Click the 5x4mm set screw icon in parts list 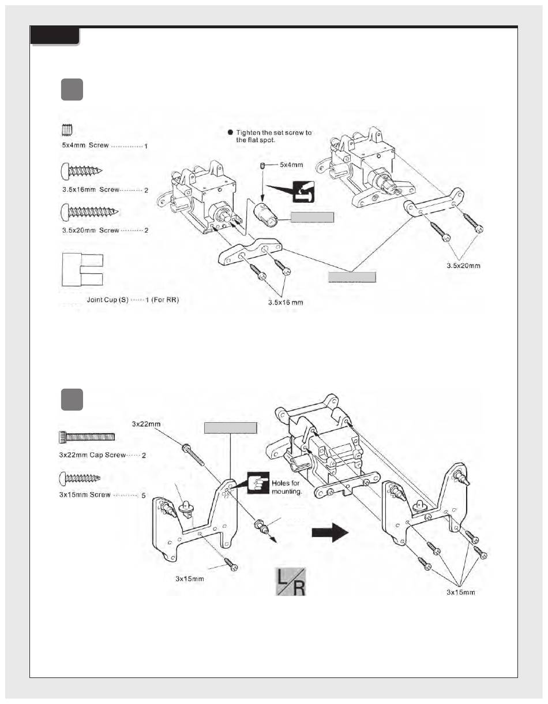(67, 131)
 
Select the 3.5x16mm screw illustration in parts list (81, 171)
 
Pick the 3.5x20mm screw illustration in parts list (89, 212)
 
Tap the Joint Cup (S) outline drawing (82, 270)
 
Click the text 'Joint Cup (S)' (108, 300)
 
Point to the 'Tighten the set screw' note (273, 136)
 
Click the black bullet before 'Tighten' (230, 132)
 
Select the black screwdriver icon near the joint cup (303, 192)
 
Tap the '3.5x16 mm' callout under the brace (286, 303)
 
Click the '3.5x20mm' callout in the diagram (463, 266)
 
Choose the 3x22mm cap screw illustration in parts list (87, 437)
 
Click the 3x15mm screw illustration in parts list (80, 478)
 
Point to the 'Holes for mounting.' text (287, 487)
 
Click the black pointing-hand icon (258, 483)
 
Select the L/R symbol (291, 582)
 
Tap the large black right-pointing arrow (330, 533)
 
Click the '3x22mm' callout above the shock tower (146, 424)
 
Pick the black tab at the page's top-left (55, 36)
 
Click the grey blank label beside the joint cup (312, 217)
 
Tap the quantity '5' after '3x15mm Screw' (143, 496)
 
